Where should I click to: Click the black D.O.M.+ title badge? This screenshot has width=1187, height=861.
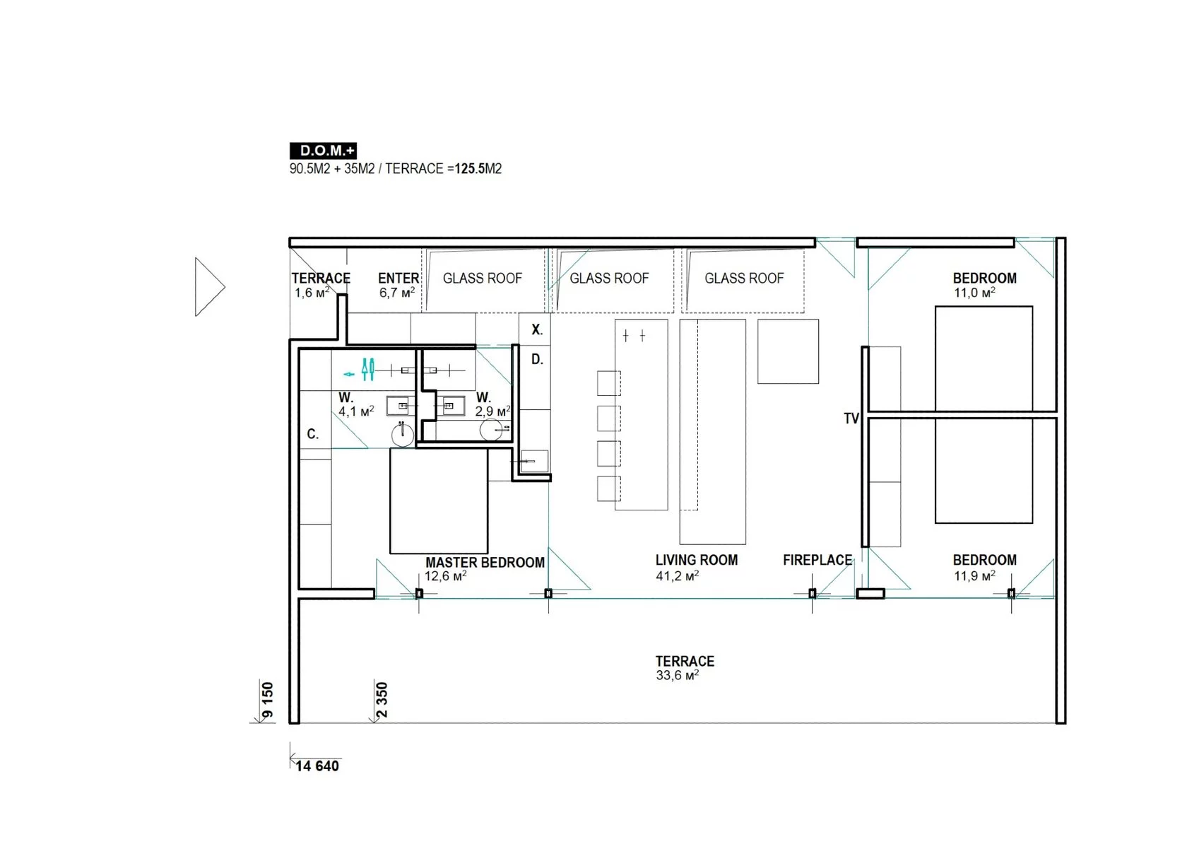coord(324,151)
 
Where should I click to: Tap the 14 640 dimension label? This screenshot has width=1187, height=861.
coord(317,766)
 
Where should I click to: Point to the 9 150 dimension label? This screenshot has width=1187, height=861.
coord(268,701)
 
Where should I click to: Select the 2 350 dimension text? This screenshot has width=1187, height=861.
coord(382,701)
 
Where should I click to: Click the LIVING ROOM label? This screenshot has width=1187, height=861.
coord(697,561)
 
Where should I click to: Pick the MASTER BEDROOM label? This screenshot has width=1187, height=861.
coord(485,563)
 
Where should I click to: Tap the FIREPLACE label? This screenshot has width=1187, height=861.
coord(817,561)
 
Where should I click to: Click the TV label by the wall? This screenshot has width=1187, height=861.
coord(851,418)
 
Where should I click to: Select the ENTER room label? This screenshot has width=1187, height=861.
coord(398,279)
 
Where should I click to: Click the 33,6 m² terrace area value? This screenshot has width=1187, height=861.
coord(677,676)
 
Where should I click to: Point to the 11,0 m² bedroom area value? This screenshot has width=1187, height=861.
coord(974,293)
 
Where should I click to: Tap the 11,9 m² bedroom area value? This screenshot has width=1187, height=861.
coord(974,575)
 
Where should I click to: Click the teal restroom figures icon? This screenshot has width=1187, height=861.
coord(367,370)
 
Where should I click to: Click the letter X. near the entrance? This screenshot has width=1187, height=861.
coord(537,329)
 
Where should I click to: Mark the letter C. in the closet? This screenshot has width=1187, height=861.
coord(312,434)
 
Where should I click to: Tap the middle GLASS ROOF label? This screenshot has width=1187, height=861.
coord(609,279)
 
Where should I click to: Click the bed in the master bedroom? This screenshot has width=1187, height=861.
coord(439,501)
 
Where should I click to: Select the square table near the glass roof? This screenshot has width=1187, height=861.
coord(788,351)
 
